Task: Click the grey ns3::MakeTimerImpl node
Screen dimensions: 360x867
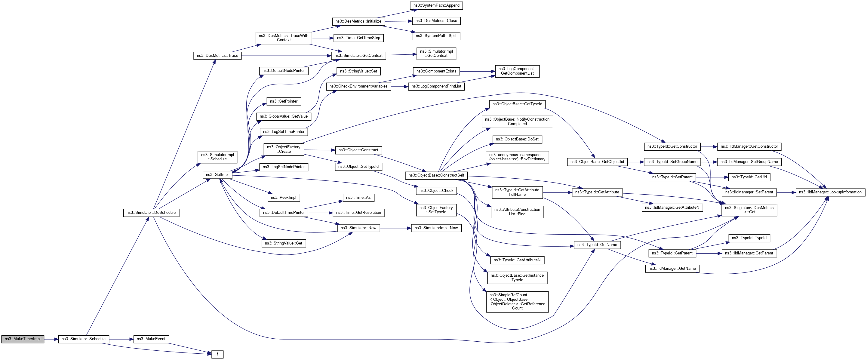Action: click(x=23, y=339)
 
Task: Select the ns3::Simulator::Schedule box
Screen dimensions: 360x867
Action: click(x=84, y=339)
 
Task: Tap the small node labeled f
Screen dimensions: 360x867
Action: click(x=217, y=354)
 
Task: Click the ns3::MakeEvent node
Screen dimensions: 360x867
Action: click(x=151, y=339)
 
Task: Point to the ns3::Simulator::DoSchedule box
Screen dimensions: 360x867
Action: click(x=151, y=213)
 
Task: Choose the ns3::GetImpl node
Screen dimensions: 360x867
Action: click(x=217, y=175)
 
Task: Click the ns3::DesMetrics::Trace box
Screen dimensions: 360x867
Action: click(x=217, y=56)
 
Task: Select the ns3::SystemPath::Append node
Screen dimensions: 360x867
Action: click(x=436, y=5)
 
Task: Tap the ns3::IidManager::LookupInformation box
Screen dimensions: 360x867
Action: click(x=830, y=192)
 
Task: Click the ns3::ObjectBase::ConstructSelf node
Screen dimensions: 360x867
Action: click(x=436, y=175)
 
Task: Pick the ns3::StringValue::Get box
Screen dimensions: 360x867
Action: click(x=283, y=243)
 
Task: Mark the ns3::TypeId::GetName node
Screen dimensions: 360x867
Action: click(x=597, y=245)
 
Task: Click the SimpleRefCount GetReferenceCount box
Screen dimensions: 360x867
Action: click(x=517, y=301)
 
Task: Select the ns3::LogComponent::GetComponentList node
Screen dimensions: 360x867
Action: click(x=517, y=71)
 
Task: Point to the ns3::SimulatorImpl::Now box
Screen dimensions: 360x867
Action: click(x=436, y=228)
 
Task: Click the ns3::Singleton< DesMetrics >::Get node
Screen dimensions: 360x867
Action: click(x=749, y=210)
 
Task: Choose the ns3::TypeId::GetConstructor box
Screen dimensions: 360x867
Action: click(x=672, y=146)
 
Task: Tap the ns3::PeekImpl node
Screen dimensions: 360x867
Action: click(x=283, y=198)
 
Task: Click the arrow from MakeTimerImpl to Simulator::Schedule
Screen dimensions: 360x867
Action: click(x=51, y=339)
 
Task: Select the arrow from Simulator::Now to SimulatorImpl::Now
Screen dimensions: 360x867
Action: click(x=395, y=228)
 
